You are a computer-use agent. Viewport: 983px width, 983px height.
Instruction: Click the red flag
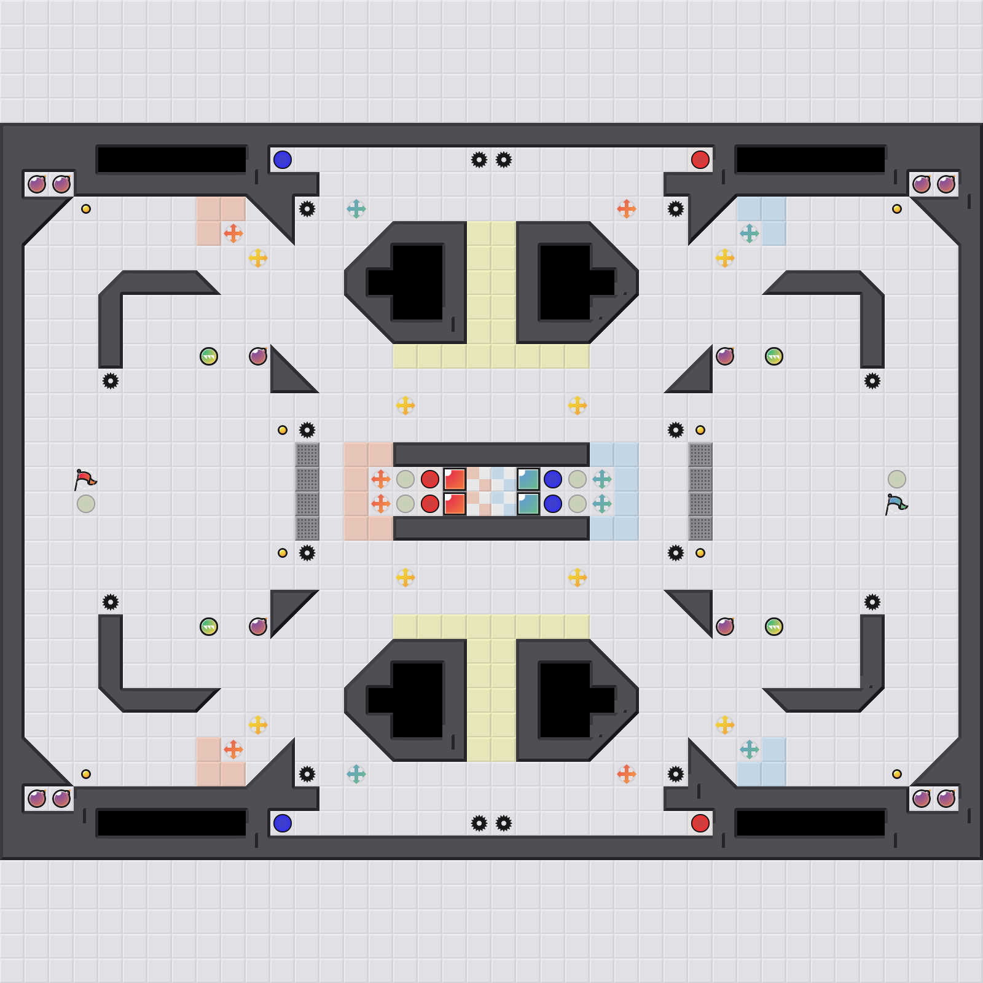click(x=85, y=479)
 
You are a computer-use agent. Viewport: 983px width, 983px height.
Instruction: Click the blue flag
click(x=896, y=504)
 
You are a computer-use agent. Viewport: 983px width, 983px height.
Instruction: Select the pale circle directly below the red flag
click(x=86, y=504)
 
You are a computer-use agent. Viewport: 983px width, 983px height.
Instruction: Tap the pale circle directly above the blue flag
click(x=897, y=479)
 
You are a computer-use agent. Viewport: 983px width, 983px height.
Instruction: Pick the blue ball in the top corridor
click(x=283, y=160)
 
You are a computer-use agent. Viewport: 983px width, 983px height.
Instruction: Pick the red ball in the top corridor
click(x=700, y=160)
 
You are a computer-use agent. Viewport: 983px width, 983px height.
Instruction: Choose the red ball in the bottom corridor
click(x=700, y=823)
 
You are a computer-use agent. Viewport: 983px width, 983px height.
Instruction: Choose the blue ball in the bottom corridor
click(x=283, y=823)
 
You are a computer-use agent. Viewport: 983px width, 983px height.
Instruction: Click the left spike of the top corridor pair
click(x=479, y=160)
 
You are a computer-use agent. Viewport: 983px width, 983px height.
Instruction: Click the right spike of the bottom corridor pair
click(x=504, y=823)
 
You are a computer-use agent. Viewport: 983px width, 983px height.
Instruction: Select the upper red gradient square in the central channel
click(x=455, y=479)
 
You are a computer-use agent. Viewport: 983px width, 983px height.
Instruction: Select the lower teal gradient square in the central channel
click(x=528, y=504)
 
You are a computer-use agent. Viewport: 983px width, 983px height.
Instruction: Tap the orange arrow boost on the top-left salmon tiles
click(x=233, y=233)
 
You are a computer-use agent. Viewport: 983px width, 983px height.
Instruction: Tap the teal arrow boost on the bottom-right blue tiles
click(x=750, y=750)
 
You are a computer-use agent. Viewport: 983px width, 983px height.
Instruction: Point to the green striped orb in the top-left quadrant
click(x=209, y=356)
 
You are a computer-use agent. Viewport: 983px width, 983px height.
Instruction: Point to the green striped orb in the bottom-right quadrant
click(x=774, y=627)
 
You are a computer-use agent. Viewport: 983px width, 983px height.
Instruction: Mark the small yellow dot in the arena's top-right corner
click(x=897, y=209)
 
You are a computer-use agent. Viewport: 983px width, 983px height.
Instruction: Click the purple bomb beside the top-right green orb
click(x=725, y=356)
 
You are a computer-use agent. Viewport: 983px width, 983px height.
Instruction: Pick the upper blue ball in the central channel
click(x=553, y=479)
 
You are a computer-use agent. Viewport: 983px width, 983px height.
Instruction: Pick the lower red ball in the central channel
click(x=430, y=504)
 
